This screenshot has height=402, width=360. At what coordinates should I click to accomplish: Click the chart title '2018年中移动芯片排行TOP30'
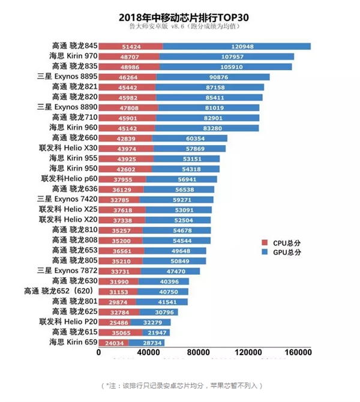pyautogui.click(x=180, y=17)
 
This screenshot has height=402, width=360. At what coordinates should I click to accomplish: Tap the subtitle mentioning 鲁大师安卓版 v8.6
pyautogui.click(x=180, y=27)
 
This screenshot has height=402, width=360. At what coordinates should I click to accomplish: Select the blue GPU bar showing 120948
pyautogui.click(x=236, y=46)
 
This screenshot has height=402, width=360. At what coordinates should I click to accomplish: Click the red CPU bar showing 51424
pyautogui.click(x=130, y=46)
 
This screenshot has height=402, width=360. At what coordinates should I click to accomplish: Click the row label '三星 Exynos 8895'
pyautogui.click(x=67, y=77)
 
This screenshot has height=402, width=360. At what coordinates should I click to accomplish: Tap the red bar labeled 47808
pyautogui.click(x=128, y=107)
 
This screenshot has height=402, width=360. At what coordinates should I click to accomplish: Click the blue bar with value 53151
pyautogui.click(x=187, y=158)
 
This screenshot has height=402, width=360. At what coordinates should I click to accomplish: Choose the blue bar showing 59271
pyautogui.click(x=178, y=199)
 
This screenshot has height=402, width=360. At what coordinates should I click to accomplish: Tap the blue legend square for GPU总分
pyautogui.click(x=265, y=253)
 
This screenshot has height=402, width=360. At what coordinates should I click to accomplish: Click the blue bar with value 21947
pyautogui.click(x=157, y=332)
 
